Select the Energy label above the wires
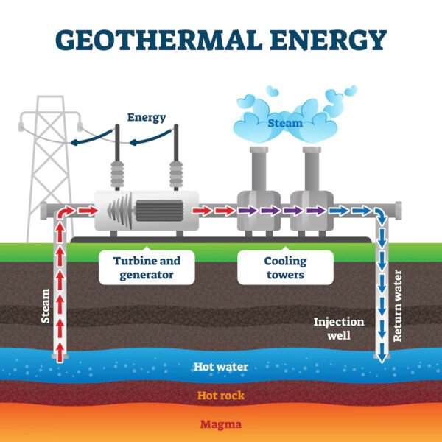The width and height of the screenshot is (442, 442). pos(147,118)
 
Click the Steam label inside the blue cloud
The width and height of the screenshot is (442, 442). pos(285,123)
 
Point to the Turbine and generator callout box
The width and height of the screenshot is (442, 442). pos(147,267)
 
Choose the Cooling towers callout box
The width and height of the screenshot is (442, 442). pos(285,267)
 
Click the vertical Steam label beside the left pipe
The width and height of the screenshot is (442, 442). pos(46,306)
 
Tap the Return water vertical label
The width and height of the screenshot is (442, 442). pos(397,306)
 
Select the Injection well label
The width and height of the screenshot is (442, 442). pos(339,329)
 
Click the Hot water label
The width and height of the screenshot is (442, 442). pos(221,367)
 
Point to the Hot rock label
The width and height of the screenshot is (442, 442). pos(221,396)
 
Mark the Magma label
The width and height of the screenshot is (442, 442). pos(221,424)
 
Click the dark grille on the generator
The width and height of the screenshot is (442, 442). pos(159,211)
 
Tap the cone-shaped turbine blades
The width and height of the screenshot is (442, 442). pos(120,211)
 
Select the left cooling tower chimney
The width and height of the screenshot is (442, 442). pos(259,169)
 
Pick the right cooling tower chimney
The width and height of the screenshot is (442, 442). pos(312,169)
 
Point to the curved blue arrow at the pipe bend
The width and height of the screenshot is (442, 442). pos(380,214)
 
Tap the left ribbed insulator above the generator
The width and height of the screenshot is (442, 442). pos(117,175)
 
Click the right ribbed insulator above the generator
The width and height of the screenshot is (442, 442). pos(176,175)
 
